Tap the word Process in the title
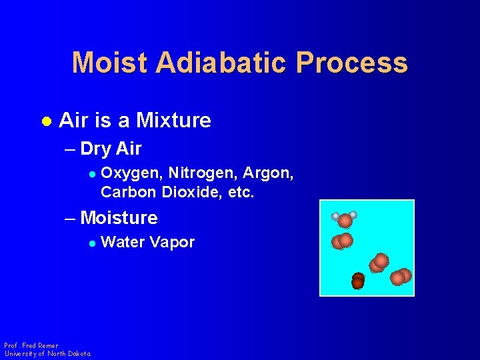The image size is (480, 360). [352, 63]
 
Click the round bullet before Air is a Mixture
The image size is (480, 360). [46, 121]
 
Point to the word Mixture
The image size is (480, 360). [173, 121]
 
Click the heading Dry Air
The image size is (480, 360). [111, 148]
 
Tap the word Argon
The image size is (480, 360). [268, 173]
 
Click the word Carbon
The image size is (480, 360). [128, 193]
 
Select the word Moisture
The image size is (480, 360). [119, 218]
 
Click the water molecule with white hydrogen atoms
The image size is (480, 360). [345, 219]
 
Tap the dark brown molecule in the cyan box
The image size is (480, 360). [358, 281]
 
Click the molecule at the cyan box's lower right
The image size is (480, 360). [401, 277]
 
